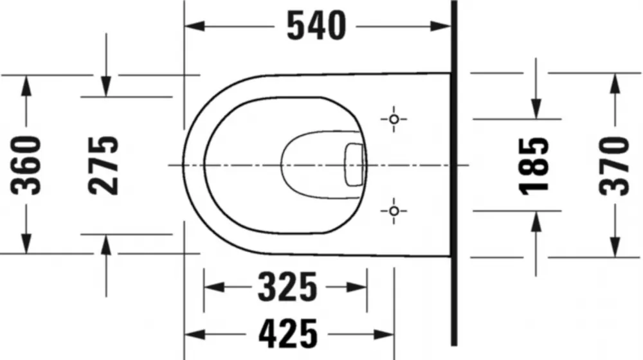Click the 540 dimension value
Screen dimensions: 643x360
click(316, 26)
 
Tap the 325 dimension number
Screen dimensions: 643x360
click(287, 287)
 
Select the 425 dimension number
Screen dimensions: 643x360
click(288, 334)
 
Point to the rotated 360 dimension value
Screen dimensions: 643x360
click(26, 165)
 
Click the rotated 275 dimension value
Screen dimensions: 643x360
click(104, 165)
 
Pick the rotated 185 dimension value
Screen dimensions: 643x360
click(534, 166)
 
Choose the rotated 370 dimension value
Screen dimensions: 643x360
click(614, 166)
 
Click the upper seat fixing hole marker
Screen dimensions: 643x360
click(394, 120)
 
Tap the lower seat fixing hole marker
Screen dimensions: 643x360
click(394, 211)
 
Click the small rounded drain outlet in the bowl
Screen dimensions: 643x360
click(354, 165)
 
